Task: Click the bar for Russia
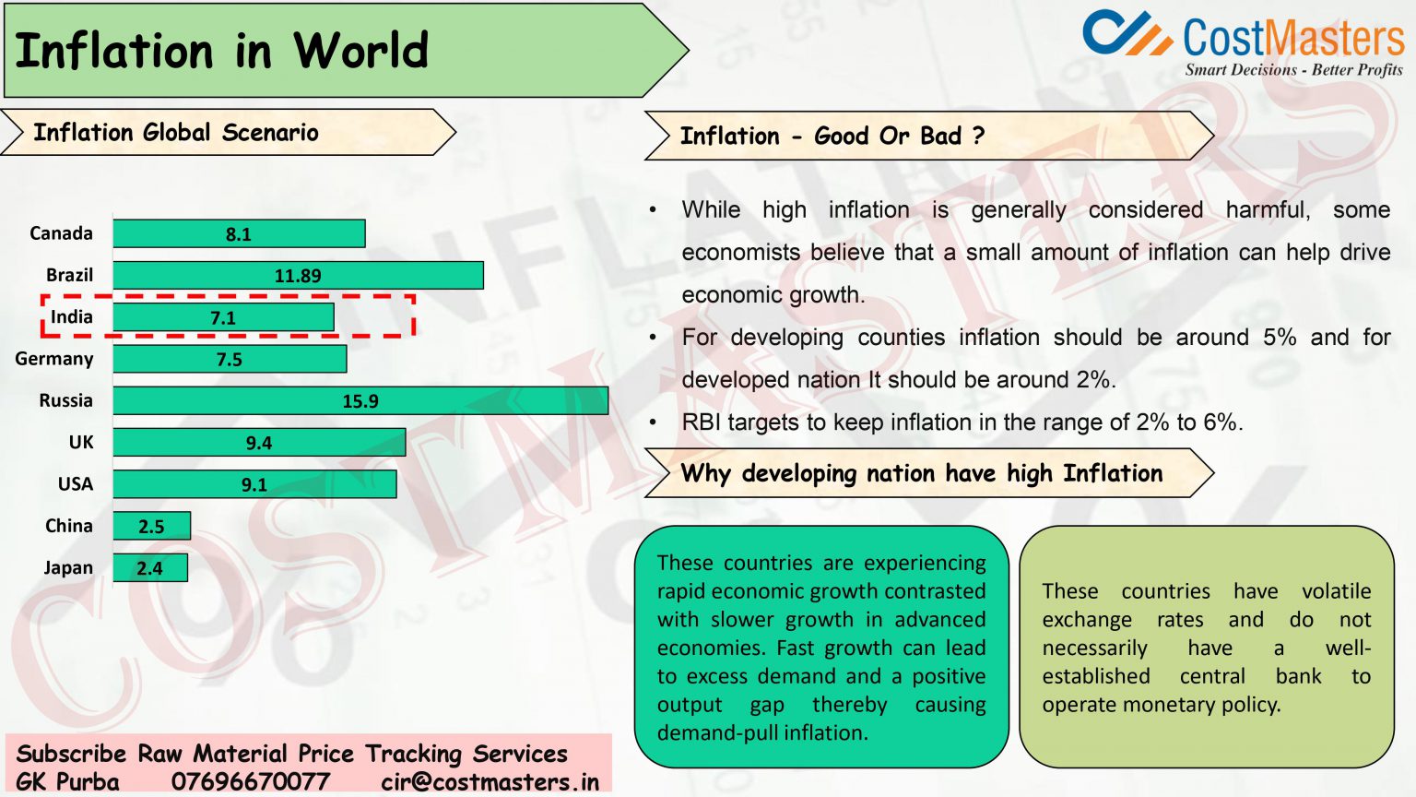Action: (360, 401)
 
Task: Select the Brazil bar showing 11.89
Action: (298, 276)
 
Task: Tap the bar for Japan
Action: (150, 568)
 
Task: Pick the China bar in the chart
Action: (152, 527)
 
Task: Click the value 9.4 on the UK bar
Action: (259, 444)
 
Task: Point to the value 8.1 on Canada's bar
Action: (239, 234)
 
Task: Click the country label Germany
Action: (54, 359)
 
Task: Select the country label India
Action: (72, 317)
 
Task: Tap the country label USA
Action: (76, 484)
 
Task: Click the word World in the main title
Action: (361, 51)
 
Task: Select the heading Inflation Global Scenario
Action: (176, 133)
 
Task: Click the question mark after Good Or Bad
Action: (979, 137)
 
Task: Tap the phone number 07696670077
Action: (251, 782)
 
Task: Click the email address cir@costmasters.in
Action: (490, 782)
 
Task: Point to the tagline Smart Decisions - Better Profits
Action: (1293, 70)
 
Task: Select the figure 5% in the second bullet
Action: (1280, 338)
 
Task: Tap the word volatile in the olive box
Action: (1336, 591)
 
